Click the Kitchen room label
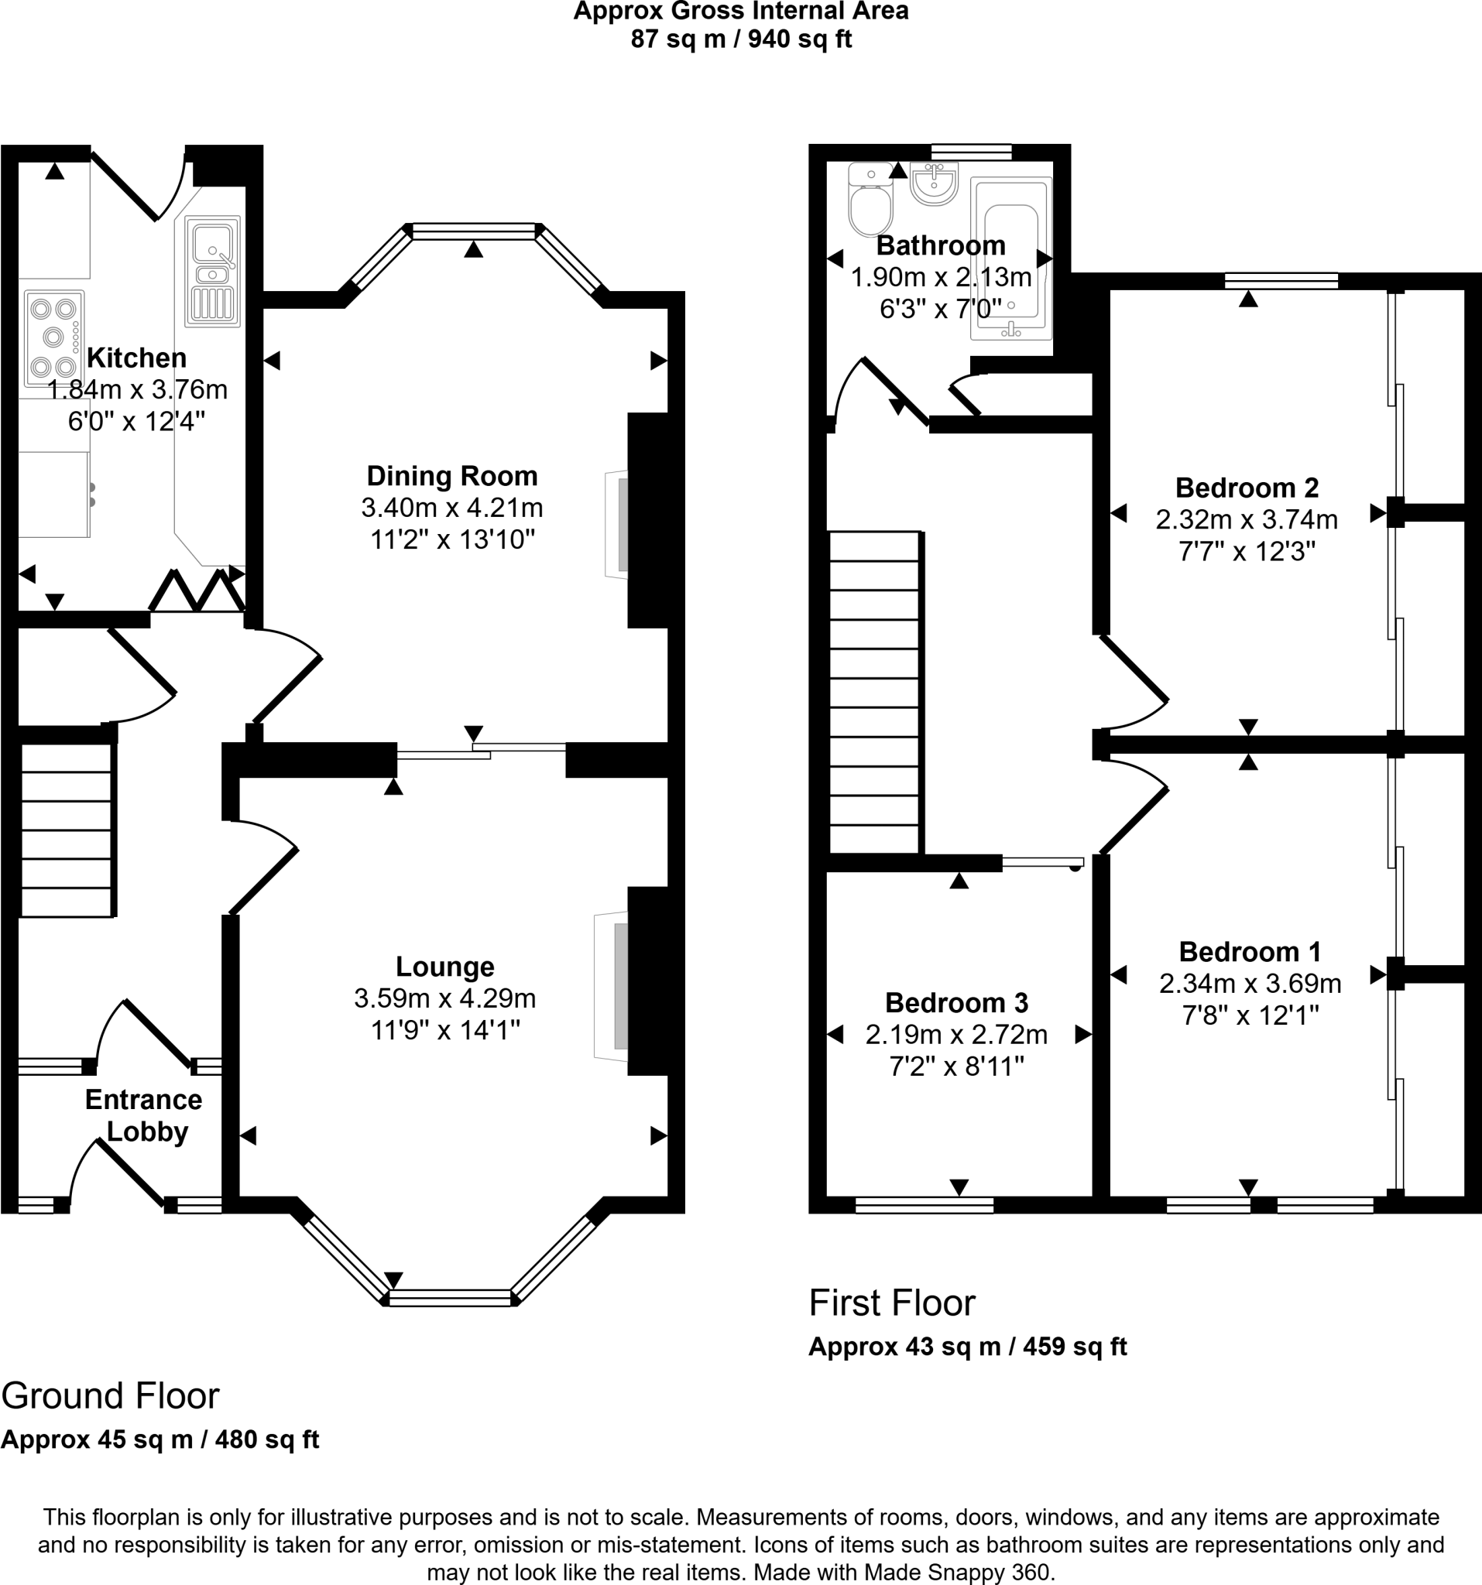coord(136,358)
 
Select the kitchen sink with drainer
coord(212,271)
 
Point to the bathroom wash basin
coord(933,184)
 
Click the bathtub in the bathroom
coord(1010,259)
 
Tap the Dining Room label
coord(451,476)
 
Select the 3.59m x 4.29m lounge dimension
coord(445,998)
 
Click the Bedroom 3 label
coord(956,1002)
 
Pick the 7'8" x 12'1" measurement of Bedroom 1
coord(1249,1015)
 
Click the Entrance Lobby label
coord(144,1115)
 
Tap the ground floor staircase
coord(67,830)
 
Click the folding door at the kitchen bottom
coord(197,592)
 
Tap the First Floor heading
coord(891,1303)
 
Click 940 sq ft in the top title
coord(800,39)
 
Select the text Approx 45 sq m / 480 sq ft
coord(160,1439)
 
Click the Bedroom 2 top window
coord(1281,281)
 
